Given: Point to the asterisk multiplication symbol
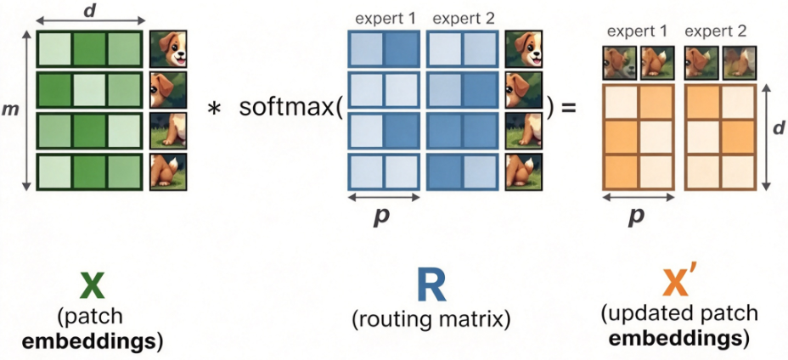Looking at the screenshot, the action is coord(215,110).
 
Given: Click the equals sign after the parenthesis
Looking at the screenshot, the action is coord(569,108).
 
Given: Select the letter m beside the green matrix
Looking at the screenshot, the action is coord(11,110).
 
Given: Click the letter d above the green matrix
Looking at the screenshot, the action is coord(90,10).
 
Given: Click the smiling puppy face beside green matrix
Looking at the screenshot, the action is coord(168,48).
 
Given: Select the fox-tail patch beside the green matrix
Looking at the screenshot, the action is coord(168,172).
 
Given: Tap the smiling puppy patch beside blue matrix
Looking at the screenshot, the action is coord(523,48).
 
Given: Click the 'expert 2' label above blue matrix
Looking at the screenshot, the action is coord(464,20).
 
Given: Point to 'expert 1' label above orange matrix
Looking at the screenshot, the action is coord(637,31).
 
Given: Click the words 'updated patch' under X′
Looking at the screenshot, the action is coord(679,314).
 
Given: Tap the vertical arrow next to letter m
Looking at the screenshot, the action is coord(26,110).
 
